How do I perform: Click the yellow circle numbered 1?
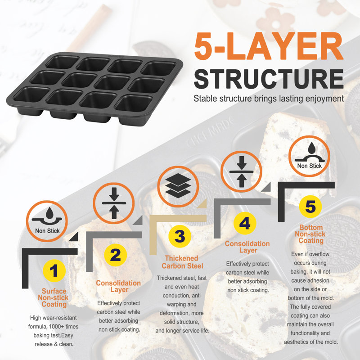(54, 271)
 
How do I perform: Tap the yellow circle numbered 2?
(115, 255)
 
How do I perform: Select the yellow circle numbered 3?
(180, 236)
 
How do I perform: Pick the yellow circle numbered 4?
(245, 223)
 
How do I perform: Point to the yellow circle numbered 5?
(310, 207)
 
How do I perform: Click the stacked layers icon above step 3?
(178, 186)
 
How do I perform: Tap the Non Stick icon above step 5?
(309, 156)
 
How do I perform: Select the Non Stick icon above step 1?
(47, 221)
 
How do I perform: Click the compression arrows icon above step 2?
(114, 203)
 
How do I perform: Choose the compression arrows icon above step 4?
(241, 171)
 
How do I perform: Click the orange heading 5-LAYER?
(269, 46)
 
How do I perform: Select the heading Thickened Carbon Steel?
(182, 262)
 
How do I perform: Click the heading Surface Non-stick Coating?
(54, 297)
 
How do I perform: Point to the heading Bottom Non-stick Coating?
(310, 234)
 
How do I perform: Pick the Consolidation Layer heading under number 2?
(118, 286)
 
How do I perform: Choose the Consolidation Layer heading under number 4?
(247, 247)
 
